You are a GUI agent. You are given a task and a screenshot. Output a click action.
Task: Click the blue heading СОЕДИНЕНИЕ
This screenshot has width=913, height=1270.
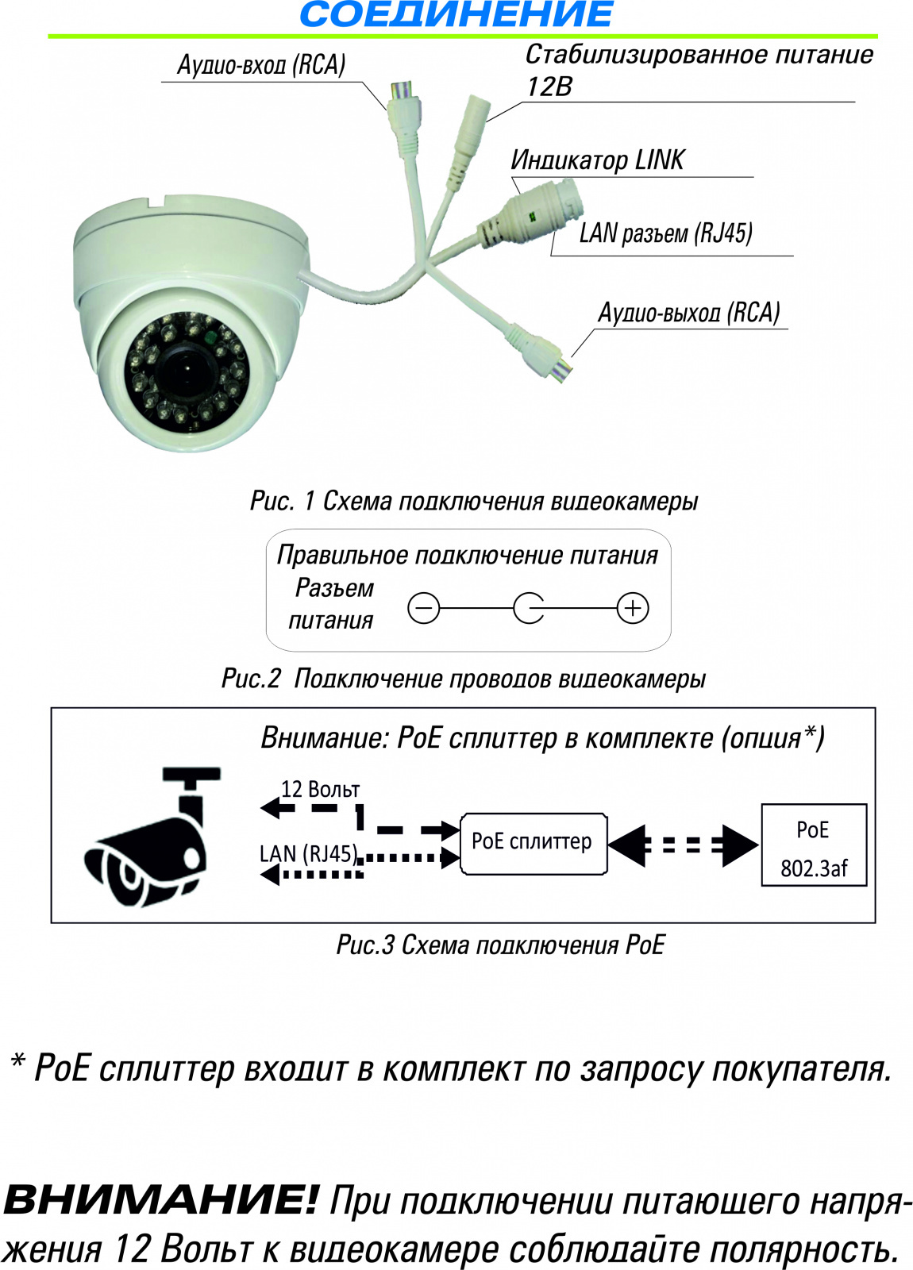(456, 15)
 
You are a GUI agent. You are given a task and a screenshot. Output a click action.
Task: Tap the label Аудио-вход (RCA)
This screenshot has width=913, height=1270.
(261, 65)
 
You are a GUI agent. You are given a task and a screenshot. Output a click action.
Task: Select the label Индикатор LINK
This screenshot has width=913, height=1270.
(597, 160)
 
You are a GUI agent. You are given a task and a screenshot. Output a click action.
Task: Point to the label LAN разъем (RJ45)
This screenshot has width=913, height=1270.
(665, 233)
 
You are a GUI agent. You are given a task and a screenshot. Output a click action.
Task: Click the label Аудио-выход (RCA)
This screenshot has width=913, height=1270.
(688, 313)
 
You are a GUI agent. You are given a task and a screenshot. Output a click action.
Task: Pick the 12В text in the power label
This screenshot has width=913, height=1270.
(549, 87)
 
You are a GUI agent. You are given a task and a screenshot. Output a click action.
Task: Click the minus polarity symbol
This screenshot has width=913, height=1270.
(423, 609)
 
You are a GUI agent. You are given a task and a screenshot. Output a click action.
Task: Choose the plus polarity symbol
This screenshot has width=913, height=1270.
(633, 609)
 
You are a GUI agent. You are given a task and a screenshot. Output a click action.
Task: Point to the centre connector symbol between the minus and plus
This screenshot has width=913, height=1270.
(529, 609)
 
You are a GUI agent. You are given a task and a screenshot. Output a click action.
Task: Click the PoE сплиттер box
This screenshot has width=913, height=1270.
(534, 843)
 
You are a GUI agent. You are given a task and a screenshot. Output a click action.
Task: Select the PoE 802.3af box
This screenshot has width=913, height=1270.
(814, 845)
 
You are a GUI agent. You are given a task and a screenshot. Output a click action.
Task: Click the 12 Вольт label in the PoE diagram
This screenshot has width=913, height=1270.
(321, 790)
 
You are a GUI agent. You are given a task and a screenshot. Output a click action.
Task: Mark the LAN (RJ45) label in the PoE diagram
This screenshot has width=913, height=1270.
(308, 854)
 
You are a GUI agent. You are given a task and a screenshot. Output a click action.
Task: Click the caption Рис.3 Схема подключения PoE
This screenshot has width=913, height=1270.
(500, 945)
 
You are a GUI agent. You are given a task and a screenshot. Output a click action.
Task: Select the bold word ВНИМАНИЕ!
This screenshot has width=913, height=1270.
(160, 1199)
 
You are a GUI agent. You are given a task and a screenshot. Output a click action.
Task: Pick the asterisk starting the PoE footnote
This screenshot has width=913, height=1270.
(17, 1061)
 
